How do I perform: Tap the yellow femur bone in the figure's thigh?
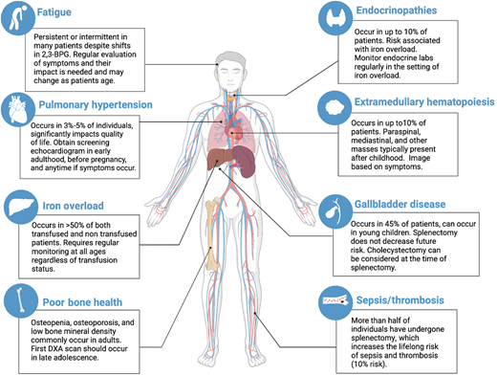pos(214,214)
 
